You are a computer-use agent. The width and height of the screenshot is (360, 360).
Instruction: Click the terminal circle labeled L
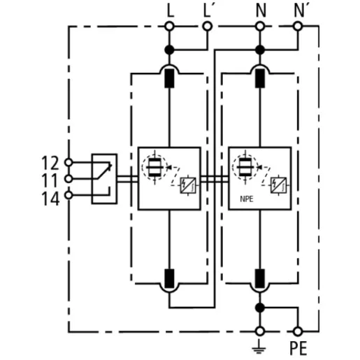point(169,26)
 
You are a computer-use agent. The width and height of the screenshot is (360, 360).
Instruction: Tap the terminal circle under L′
point(207,26)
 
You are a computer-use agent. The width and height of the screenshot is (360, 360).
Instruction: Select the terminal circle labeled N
point(260,26)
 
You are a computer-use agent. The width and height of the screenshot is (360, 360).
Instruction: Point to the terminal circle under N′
point(298,26)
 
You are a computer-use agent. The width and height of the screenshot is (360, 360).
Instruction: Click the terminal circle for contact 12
point(69,162)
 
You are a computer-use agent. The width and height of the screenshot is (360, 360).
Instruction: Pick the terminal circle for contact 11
point(69,179)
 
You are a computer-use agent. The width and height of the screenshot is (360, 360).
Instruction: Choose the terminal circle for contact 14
point(69,195)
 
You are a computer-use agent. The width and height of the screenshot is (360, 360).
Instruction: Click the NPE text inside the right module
point(247,199)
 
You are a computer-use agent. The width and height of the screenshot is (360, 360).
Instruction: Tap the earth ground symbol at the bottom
point(259,347)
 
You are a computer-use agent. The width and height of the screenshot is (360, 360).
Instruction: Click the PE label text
point(298,348)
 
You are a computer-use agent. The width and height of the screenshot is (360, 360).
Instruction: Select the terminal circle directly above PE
point(298,331)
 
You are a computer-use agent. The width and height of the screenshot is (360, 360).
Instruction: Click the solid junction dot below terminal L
point(169,50)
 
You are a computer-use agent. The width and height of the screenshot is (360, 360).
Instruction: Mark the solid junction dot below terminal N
point(260,50)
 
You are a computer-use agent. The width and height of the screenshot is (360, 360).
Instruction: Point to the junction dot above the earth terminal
point(260,308)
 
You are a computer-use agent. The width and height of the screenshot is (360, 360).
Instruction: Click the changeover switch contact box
point(104,179)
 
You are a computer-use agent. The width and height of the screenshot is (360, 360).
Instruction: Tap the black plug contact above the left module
point(169,78)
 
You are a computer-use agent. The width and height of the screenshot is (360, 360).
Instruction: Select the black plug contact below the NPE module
point(260,278)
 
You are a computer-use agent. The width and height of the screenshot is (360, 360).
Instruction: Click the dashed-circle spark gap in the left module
point(154,167)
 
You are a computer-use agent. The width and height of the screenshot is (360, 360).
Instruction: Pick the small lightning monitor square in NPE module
point(278,185)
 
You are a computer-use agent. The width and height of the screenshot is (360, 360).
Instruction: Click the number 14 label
point(50,199)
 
